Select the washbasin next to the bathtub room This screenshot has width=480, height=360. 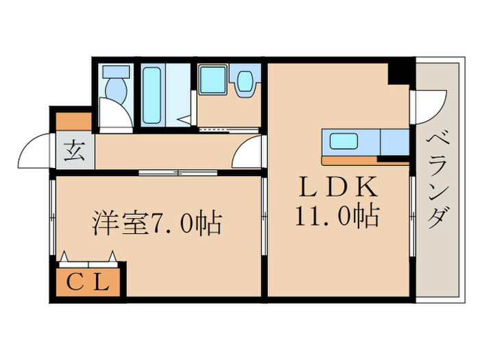point(245,82)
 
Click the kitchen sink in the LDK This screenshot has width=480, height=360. point(344,143)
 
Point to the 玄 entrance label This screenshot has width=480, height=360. point(73,149)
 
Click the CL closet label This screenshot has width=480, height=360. point(88,281)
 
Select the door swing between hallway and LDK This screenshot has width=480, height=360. point(248,152)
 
